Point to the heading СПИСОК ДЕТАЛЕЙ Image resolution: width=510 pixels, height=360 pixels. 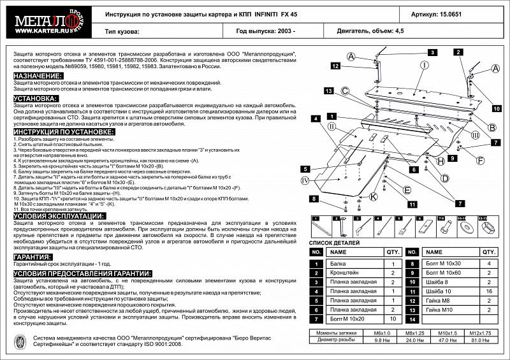point(334,243)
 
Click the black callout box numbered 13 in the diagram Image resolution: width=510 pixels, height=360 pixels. point(328,90)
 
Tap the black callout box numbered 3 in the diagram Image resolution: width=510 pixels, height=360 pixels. point(431,52)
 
